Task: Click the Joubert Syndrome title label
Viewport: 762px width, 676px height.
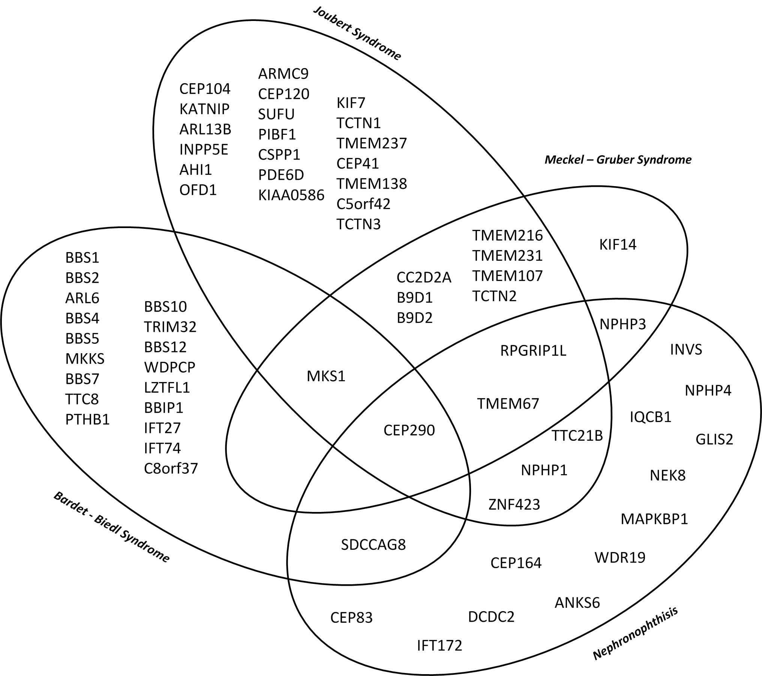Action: pyautogui.click(x=357, y=33)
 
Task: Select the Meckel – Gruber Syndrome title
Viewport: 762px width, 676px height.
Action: pyautogui.click(x=618, y=160)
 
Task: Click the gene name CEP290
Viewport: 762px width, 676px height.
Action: pyautogui.click(x=409, y=430)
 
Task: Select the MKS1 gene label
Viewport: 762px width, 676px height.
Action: pyautogui.click(x=326, y=376)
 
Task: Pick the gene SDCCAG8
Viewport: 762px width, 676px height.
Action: pyautogui.click(x=373, y=545)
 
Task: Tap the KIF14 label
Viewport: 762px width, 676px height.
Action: pyautogui.click(x=618, y=245)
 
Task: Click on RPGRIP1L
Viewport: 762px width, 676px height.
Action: pyautogui.click(x=533, y=351)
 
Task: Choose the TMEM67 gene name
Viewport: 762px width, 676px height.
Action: pyautogui.click(x=508, y=404)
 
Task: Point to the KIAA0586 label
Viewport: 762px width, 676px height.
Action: pyautogui.click(x=291, y=195)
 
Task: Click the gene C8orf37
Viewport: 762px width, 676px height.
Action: pyautogui.click(x=171, y=469)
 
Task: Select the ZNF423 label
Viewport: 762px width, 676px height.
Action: pyautogui.click(x=514, y=504)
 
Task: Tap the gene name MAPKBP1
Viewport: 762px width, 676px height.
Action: pyautogui.click(x=654, y=519)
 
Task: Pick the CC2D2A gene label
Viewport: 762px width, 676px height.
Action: pyautogui.click(x=424, y=278)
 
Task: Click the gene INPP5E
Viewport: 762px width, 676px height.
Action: pyautogui.click(x=204, y=150)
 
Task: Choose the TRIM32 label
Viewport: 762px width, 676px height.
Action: pyautogui.click(x=170, y=327)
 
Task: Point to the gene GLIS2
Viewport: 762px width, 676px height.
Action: pyautogui.click(x=714, y=439)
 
